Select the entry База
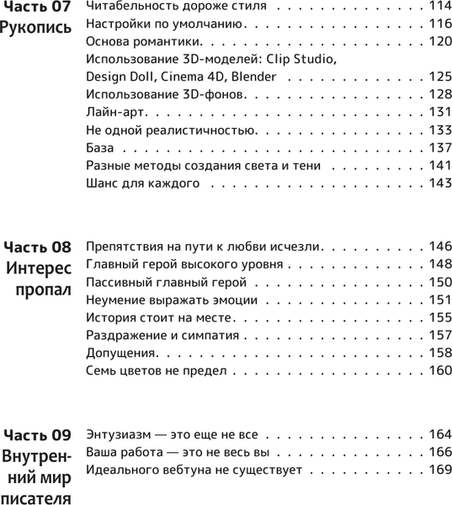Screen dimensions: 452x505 click(100, 147)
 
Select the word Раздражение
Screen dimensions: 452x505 click(124, 335)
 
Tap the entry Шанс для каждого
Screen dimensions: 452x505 click(142, 183)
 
